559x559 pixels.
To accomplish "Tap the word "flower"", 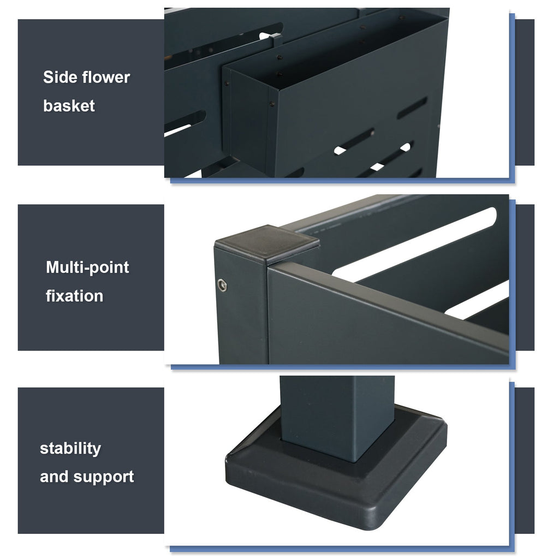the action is coord(106,77).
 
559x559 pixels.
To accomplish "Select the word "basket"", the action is coord(69,106).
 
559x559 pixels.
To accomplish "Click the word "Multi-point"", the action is coord(87,267).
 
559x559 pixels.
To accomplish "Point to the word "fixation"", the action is coord(74,296).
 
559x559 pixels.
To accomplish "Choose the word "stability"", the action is coord(70,449).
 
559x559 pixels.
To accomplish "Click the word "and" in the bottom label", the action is coord(54,477).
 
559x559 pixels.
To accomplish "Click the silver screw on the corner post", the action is coord(222,285).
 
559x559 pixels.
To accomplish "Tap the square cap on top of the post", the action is coord(266,244).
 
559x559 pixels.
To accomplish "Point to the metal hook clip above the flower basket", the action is coord(275,39).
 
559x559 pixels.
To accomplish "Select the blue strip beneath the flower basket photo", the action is coord(342,181).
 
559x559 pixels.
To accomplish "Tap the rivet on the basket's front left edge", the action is coord(272,104).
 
